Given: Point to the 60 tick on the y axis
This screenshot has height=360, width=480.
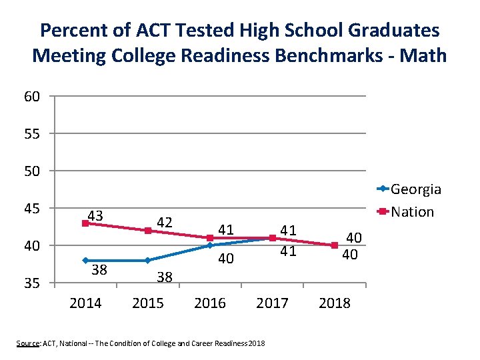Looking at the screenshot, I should click(x=31, y=97).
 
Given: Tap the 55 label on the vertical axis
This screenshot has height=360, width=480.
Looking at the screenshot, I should click(x=31, y=134).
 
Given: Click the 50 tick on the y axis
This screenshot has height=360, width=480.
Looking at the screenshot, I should click(x=31, y=171).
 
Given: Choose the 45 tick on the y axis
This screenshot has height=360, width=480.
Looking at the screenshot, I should click(x=31, y=209).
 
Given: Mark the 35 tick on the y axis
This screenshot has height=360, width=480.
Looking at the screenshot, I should click(x=31, y=283).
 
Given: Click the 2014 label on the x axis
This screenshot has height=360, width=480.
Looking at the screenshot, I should click(x=85, y=303).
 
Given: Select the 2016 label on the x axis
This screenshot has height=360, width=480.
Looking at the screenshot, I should click(x=209, y=303).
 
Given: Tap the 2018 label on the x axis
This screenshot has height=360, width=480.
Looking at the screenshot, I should click(x=334, y=303).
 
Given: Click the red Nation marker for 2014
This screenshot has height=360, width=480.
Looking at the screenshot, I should click(x=85, y=223).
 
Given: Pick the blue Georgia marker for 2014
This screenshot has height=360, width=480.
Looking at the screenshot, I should click(x=85, y=261).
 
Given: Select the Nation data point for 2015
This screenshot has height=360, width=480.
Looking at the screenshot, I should click(x=147, y=231).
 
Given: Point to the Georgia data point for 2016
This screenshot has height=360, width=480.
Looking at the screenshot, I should click(x=209, y=245).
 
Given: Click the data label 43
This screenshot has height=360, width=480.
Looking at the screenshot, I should click(x=95, y=215).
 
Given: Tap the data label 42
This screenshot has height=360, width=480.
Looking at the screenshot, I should click(x=165, y=222).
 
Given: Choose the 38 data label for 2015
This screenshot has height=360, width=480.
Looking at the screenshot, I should click(x=165, y=277).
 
